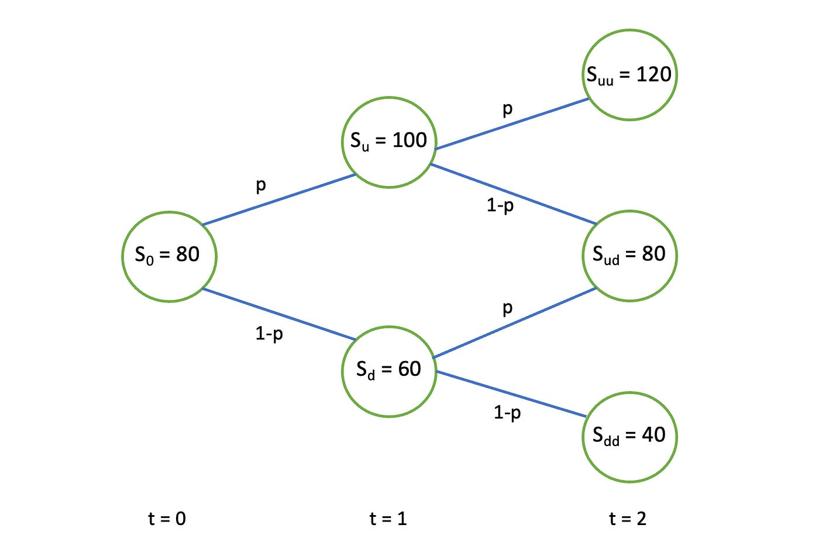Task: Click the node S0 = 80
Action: point(169,256)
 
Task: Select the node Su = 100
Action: point(389,142)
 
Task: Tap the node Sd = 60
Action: point(389,371)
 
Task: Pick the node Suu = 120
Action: point(629,75)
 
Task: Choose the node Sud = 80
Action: point(629,256)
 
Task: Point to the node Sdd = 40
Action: point(629,437)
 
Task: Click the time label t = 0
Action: point(167,519)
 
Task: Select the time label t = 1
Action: point(388,519)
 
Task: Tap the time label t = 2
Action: point(628,519)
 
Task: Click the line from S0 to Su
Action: point(279,200)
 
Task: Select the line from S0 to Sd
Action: point(279,314)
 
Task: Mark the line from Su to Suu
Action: point(512,124)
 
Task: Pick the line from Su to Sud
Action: point(514,194)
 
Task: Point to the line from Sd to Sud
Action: point(515,323)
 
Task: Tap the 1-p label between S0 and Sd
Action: point(269,334)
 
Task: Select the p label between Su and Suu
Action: point(507,109)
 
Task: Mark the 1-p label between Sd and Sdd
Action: point(507,413)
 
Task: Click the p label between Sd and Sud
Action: point(507,308)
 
